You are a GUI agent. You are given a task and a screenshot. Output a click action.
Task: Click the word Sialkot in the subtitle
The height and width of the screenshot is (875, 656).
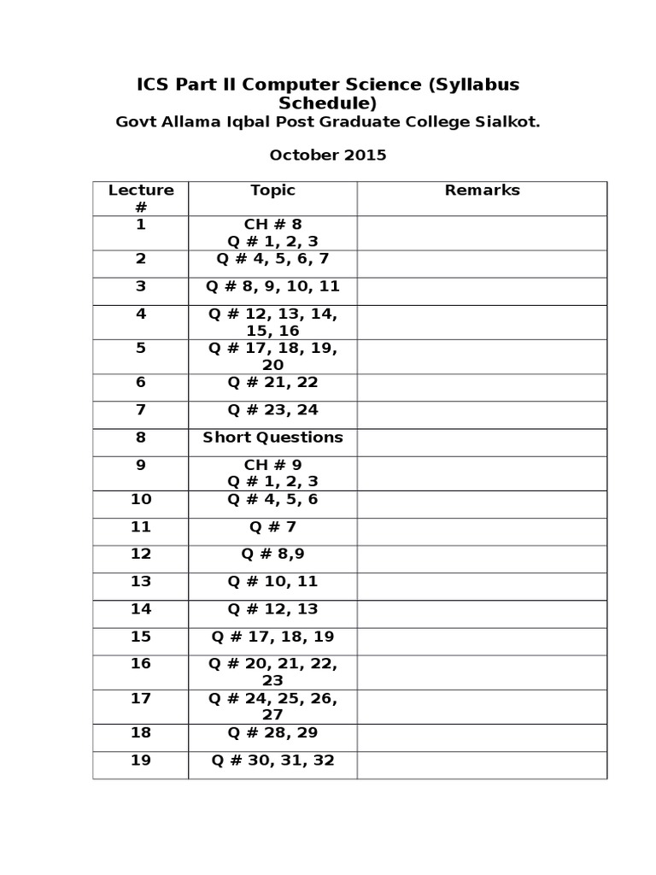coord(507,122)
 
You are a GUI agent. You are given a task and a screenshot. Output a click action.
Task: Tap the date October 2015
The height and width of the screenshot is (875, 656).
coord(328,156)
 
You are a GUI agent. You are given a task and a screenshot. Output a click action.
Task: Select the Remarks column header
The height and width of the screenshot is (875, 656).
coord(482,191)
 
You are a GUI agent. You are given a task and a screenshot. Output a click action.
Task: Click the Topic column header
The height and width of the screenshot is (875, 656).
coord(272,191)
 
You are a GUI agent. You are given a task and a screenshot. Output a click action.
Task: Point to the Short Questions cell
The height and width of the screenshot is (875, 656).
coord(272,437)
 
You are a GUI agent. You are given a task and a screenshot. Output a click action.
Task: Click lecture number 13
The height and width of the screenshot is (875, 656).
coord(141,582)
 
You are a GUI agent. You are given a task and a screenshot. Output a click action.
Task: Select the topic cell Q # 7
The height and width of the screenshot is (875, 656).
coord(272,527)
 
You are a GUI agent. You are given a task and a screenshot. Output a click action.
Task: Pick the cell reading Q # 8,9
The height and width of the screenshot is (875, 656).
coord(272,555)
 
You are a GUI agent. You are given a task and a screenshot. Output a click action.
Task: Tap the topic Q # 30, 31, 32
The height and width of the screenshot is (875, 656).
coord(272,760)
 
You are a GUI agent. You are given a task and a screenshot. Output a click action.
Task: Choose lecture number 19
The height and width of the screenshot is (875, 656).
coord(141,760)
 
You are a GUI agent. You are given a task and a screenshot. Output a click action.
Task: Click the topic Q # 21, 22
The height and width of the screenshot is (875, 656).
coord(272,383)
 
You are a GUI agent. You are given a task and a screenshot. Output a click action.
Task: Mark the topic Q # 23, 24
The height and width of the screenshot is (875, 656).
coord(272,410)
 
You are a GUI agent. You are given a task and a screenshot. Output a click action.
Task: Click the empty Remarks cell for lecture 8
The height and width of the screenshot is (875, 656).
coord(482,442)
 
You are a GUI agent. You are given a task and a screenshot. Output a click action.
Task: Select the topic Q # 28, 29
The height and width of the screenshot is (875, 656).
coord(272,733)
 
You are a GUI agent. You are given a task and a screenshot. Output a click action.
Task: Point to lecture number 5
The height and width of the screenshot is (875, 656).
coord(141,349)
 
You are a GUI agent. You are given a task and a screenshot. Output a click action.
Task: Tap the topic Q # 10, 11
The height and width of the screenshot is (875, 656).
coord(272,582)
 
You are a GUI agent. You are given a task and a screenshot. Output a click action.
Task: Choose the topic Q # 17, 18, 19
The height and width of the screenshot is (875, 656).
coord(272,637)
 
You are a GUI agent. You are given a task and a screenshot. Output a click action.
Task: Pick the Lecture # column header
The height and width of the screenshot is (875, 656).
coord(141,198)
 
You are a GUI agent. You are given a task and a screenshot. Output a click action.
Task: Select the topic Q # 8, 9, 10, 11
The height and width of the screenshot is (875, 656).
coord(272,286)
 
